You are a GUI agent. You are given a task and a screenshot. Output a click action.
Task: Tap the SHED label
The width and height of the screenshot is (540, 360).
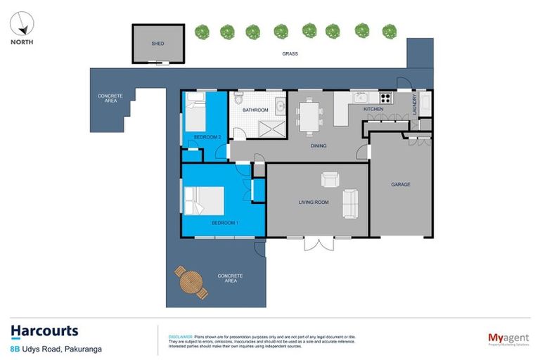[x=158, y=44]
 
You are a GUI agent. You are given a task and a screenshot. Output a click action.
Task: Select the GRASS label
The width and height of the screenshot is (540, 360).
[x=290, y=53]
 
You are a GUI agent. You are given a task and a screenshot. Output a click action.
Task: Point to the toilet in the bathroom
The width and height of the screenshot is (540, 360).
[x=239, y=96]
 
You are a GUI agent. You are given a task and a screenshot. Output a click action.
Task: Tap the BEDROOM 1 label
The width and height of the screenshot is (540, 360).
[x=226, y=223]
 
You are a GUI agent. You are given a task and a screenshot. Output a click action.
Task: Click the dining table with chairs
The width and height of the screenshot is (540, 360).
[x=308, y=117]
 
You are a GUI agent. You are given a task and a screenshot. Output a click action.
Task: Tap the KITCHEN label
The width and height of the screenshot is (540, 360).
[x=373, y=110]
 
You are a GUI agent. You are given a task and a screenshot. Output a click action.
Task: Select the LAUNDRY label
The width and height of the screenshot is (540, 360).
[x=414, y=104]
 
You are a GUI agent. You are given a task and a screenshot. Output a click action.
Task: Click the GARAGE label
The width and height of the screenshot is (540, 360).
[x=401, y=185]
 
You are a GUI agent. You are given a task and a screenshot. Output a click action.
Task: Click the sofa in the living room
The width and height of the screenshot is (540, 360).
[x=349, y=203]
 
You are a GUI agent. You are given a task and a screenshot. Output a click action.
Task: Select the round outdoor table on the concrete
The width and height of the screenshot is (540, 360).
[x=191, y=282]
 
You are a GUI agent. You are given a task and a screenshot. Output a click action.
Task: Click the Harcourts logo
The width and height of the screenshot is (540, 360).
[x=44, y=330]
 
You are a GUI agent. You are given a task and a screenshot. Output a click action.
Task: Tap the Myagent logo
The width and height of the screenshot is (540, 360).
[x=508, y=340]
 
